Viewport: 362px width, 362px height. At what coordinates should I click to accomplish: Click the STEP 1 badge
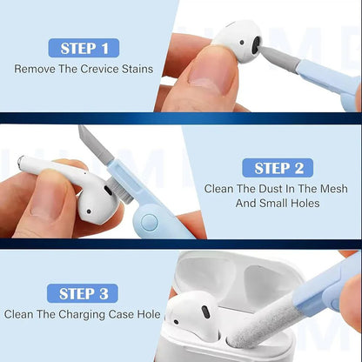84,47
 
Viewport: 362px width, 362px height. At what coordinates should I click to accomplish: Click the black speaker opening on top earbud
253,43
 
